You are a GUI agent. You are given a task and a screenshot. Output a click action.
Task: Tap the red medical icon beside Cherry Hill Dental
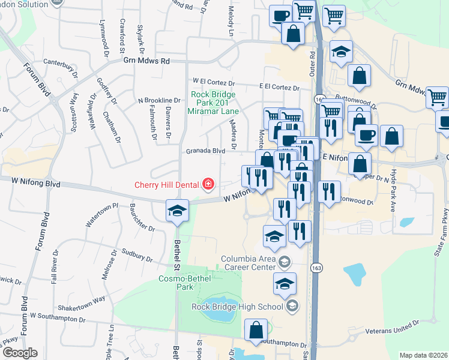point(208,184)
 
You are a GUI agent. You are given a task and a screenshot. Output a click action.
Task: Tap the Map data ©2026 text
point(423,355)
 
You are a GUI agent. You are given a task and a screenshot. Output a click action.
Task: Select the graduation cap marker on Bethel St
point(177,211)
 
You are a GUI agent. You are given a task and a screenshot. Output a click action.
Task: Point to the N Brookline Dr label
point(159,100)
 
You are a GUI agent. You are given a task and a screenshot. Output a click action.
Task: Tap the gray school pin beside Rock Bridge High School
point(292,307)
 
